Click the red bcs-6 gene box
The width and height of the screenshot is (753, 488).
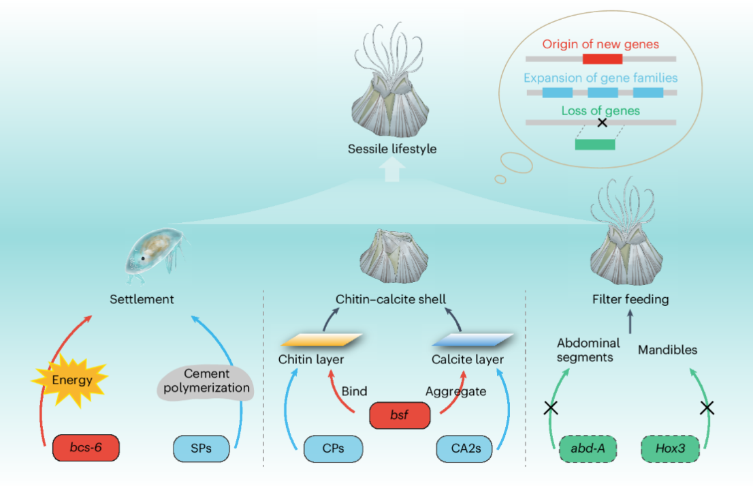(86, 449)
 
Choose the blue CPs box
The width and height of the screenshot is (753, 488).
(334, 449)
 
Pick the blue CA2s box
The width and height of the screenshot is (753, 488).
(466, 449)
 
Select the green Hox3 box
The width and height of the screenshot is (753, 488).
(670, 449)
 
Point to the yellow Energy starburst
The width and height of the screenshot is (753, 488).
(70, 380)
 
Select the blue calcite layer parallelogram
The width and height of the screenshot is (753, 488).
(471, 339)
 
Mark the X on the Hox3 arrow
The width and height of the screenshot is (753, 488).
(707, 408)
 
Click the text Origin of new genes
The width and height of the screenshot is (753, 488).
(600, 44)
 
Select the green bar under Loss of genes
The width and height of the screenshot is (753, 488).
(594, 144)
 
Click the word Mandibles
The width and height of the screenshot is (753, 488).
(667, 350)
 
